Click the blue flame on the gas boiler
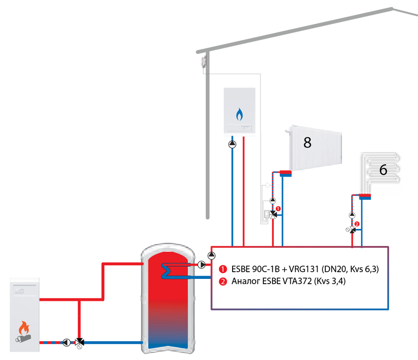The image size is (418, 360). (239, 114)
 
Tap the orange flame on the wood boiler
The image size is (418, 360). (24, 327)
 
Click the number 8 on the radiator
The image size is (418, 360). (307, 143)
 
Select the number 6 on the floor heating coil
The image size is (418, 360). (383, 169)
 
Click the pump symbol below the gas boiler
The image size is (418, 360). (232, 144)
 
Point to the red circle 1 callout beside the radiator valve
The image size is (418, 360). (278, 208)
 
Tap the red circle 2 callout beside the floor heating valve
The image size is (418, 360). (357, 224)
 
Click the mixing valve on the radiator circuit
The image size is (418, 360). (273, 215)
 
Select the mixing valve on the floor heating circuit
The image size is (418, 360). (352, 230)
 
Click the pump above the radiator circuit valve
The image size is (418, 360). (273, 201)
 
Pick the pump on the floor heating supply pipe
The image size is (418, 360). (352, 215)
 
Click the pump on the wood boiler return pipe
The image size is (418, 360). (67, 342)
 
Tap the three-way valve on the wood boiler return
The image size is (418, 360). (79, 342)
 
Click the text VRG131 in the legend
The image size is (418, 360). (304, 269)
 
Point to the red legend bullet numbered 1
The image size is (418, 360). (223, 269)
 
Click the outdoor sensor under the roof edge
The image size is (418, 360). (204, 62)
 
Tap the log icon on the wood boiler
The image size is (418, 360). (23, 338)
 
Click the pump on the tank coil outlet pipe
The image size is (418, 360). (202, 264)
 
